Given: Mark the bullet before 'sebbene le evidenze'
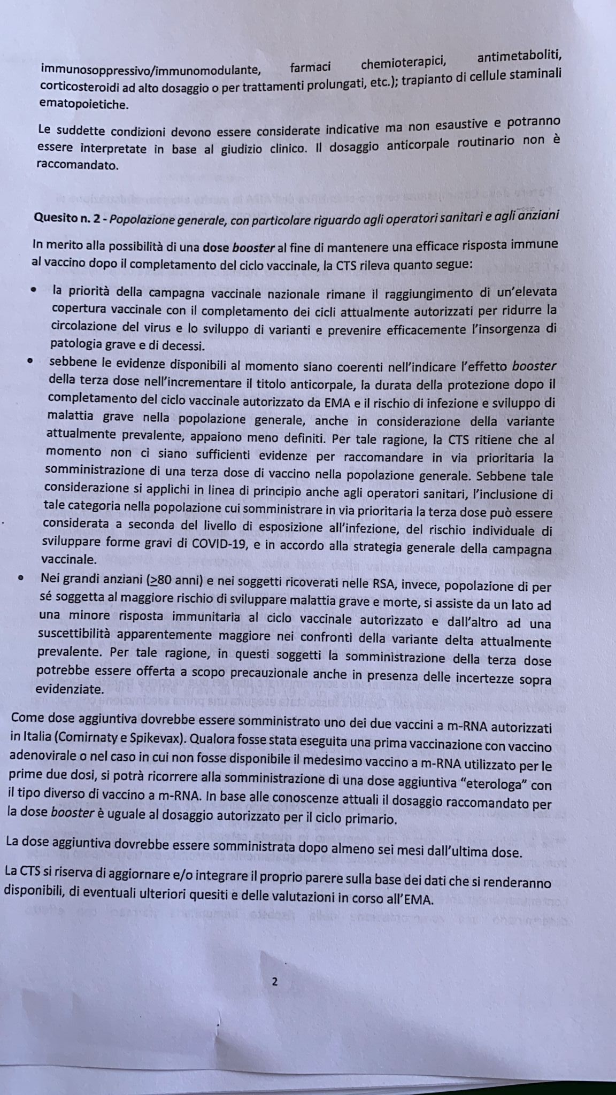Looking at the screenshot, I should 31,361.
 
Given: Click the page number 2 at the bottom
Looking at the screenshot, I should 275,982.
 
